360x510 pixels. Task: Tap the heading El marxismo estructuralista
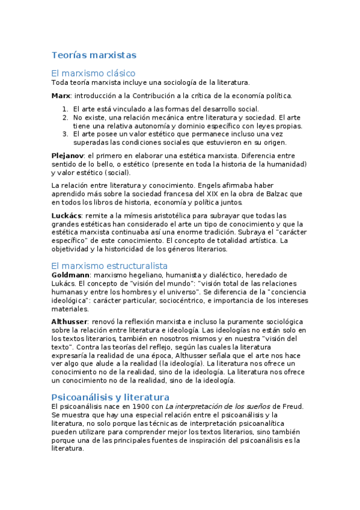point(109,265)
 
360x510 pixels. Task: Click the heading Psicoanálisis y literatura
point(110,397)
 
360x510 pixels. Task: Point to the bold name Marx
point(60,96)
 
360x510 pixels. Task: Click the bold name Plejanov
point(67,155)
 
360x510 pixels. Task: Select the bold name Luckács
point(66,215)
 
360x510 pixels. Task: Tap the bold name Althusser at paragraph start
point(69,322)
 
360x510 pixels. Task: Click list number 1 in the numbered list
point(65,109)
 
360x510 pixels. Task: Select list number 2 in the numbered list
point(65,118)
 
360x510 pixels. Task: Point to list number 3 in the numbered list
point(65,134)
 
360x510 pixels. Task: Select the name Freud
point(291,407)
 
